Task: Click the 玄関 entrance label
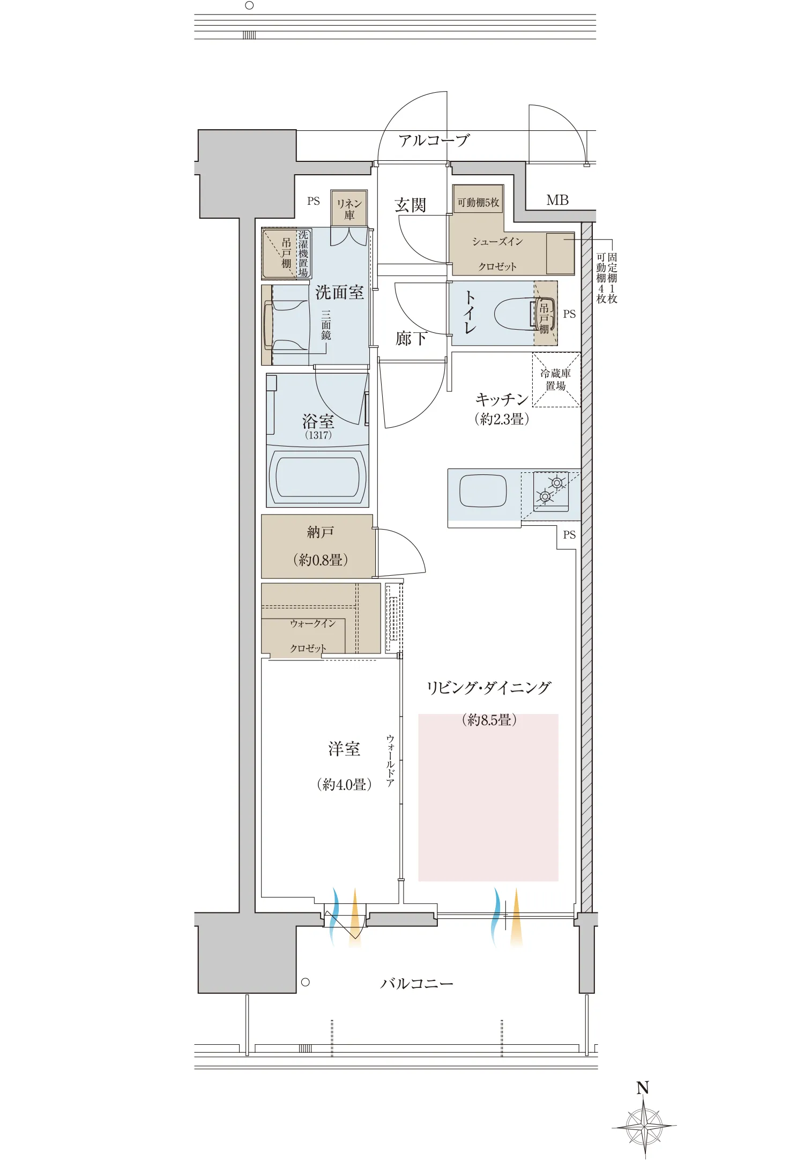click(x=411, y=205)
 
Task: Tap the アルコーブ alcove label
click(x=434, y=141)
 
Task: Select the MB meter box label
click(x=557, y=200)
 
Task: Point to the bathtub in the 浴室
click(x=317, y=477)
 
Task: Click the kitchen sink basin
click(x=483, y=490)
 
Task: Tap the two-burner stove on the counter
click(x=551, y=490)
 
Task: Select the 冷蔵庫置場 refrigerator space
click(x=556, y=380)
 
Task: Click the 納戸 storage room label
click(x=321, y=532)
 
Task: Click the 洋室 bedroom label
click(x=344, y=749)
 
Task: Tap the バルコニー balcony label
click(x=416, y=984)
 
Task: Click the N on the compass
click(x=643, y=1088)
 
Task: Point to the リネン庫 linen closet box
click(x=349, y=209)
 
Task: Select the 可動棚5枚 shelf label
click(x=478, y=202)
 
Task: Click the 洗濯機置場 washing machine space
click(x=303, y=253)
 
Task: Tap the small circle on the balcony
click(x=306, y=982)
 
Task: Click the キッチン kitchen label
click(x=502, y=399)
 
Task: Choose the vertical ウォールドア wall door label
click(x=390, y=761)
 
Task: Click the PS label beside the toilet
click(x=569, y=314)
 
